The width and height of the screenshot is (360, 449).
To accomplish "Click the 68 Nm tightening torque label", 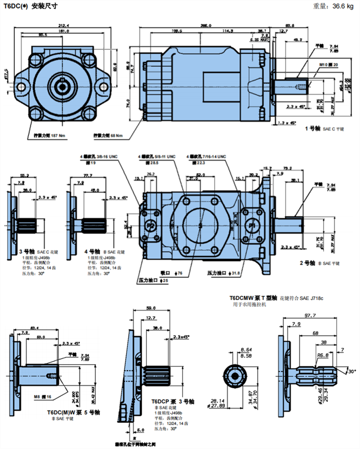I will pyautogui.click(x=108, y=135).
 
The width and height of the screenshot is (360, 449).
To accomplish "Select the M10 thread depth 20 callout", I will pyautogui.click(x=329, y=65).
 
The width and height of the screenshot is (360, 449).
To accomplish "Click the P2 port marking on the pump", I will pyautogui.click(x=151, y=225).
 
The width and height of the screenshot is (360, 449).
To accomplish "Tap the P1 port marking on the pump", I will pyautogui.click(x=252, y=225).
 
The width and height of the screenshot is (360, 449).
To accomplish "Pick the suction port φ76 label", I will pyautogui.click(x=171, y=273).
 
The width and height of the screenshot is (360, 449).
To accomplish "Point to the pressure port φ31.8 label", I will pyautogui.click(x=224, y=273).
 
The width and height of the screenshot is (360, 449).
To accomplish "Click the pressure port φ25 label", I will pyautogui.click(x=153, y=280).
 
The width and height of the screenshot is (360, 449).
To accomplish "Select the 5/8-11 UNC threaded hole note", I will pyautogui.click(x=157, y=156).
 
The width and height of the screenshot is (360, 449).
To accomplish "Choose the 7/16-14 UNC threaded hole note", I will pyautogui.click(x=206, y=156).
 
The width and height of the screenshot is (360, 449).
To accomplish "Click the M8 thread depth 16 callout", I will pyautogui.click(x=43, y=397).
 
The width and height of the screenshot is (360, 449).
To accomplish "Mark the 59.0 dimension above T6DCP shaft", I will pyautogui.click(x=151, y=308).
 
